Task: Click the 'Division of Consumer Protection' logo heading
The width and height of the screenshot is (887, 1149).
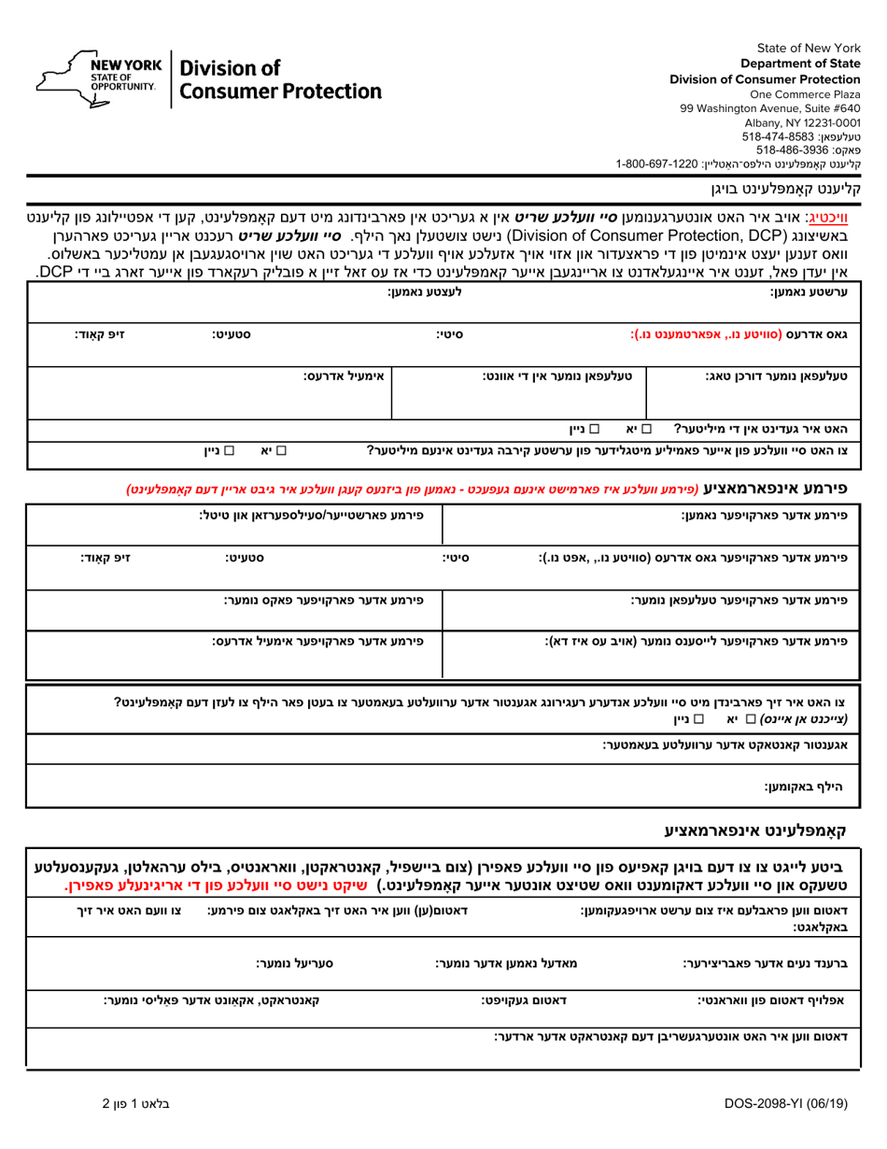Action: tap(280, 79)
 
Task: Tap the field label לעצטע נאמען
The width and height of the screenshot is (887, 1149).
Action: tap(425, 292)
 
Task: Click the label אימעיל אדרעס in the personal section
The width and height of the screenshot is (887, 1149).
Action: tap(344, 376)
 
